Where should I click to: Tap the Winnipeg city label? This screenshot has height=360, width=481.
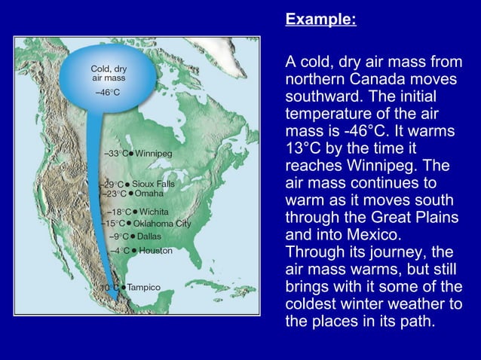point(154,154)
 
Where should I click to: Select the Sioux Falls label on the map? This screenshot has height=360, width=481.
point(153,184)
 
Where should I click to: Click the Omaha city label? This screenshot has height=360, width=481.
point(149,194)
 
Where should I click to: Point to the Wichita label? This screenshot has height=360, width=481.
point(154,212)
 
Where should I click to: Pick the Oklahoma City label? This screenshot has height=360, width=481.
point(162,224)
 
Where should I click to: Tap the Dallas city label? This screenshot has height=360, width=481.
point(149,236)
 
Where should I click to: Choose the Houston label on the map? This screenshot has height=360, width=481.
point(155,250)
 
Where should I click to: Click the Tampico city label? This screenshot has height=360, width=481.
point(143,288)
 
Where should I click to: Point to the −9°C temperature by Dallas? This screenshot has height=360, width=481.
point(119,236)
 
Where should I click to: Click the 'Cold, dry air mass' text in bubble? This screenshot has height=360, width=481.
point(109,73)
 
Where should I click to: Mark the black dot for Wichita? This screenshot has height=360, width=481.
point(136,212)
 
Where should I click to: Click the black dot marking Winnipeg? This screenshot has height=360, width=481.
point(131,154)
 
